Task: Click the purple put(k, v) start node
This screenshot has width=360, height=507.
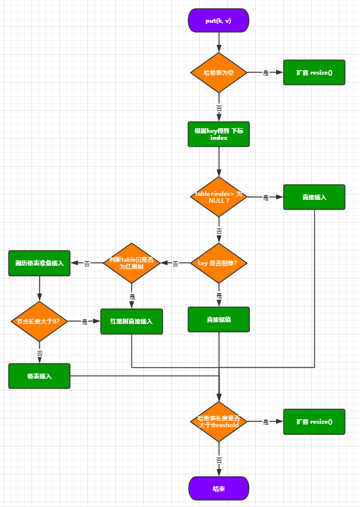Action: point(218,20)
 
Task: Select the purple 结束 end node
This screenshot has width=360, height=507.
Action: point(218,488)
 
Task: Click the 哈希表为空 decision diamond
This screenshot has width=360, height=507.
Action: point(218,73)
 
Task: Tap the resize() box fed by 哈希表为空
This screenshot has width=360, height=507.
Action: point(314,73)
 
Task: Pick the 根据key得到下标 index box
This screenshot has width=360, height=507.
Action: point(218,134)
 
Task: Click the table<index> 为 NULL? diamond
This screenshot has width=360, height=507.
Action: point(218,197)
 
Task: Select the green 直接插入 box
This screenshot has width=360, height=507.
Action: point(314,197)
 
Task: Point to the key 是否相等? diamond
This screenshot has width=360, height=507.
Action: point(218,263)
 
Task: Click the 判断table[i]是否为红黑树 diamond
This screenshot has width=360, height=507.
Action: point(132,263)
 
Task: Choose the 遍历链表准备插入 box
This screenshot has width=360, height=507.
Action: point(40,263)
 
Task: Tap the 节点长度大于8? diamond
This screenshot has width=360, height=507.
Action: point(40,321)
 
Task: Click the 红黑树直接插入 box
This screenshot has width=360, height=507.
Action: point(132,321)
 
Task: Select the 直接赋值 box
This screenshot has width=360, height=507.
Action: point(218,319)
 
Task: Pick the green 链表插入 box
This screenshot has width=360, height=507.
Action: point(40,376)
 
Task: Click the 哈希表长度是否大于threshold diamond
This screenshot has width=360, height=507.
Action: point(218,421)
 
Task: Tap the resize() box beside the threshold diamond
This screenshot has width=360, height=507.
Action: point(314,421)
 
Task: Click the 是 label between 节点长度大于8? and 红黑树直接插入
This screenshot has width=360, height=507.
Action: point(84,322)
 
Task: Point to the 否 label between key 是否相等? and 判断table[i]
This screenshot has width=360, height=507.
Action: point(175,264)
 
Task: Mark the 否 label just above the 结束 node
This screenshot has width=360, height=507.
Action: point(219,460)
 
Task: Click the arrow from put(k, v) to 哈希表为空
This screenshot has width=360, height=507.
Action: point(219,42)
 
